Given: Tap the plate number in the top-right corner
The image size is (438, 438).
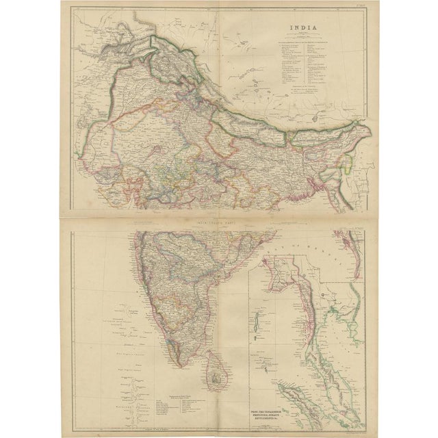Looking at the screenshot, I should coord(361,8).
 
